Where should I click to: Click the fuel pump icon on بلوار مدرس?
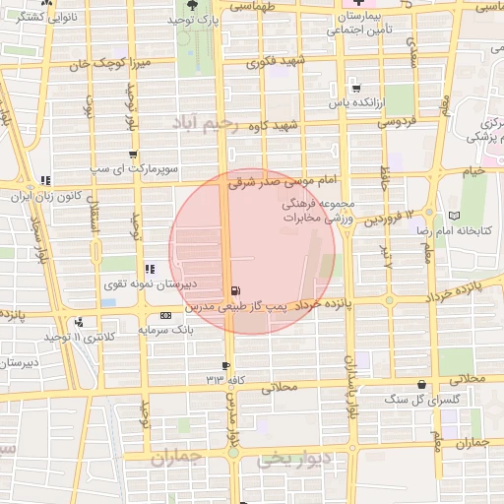(235, 291)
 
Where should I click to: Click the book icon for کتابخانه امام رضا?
(454, 216)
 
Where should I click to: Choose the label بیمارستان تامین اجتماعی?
(363, 24)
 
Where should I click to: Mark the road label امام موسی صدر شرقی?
(283, 181)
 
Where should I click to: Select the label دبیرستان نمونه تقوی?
(152, 284)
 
